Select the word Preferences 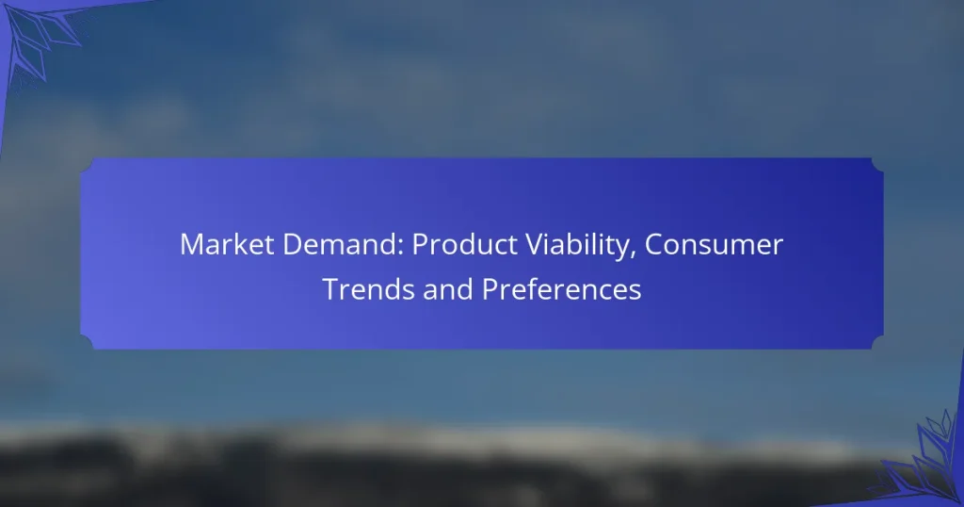(562, 289)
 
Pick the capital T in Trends (329, 289)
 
